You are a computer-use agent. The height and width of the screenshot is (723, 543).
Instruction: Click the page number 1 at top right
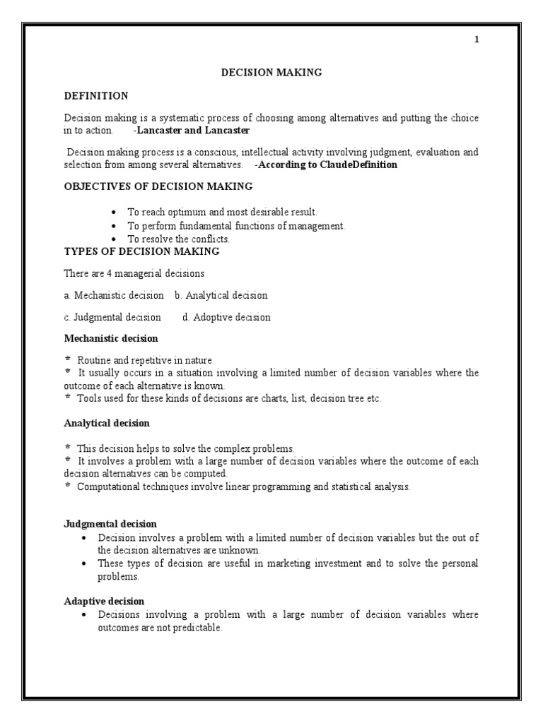coord(477,40)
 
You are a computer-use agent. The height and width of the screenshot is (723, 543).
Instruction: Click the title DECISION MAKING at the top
coord(271,72)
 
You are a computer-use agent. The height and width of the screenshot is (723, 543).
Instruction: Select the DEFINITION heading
coord(96,95)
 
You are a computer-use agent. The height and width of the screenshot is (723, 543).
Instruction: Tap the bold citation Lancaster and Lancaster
coord(193,131)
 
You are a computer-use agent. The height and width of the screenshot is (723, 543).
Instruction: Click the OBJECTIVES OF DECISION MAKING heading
coord(158,186)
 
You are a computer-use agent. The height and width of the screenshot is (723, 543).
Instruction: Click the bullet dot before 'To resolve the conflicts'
coord(114,239)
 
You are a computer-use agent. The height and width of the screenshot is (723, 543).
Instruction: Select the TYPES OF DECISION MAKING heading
coord(141,251)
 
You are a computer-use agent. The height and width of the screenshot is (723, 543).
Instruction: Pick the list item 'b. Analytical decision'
coord(221,295)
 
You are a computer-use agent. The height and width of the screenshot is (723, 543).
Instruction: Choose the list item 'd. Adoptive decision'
coord(226,317)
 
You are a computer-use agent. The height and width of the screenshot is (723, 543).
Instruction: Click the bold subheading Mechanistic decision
coord(111,339)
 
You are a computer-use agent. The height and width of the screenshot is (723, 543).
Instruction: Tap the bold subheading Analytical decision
coord(107,423)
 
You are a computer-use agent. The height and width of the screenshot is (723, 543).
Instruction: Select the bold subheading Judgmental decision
coord(110,523)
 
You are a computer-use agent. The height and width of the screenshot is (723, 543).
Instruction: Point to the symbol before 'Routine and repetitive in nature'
coord(68,360)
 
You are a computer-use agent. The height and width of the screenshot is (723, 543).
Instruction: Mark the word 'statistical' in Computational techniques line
coord(345,487)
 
